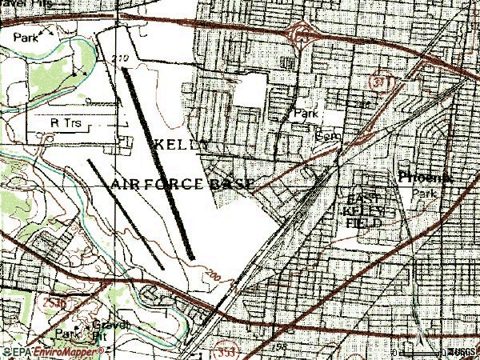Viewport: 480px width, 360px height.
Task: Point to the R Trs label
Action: [66, 123]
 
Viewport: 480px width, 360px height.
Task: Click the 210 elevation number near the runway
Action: [121, 58]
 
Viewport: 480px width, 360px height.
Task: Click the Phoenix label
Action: [424, 178]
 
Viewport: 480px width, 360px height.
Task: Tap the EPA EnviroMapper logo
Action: [38, 352]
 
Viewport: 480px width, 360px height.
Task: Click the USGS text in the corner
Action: [460, 352]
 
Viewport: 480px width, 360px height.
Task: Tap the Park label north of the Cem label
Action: [306, 114]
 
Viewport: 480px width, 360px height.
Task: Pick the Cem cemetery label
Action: [326, 136]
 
